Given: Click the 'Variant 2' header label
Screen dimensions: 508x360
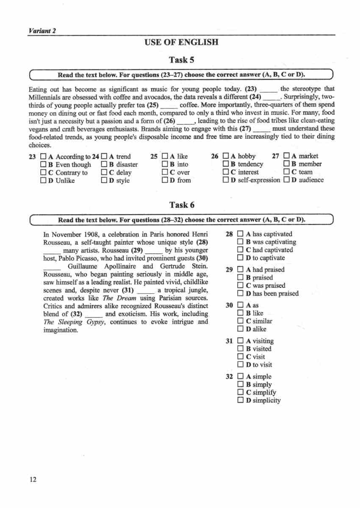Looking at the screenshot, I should [x=42, y=30].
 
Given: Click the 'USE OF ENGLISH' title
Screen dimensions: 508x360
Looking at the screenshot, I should [x=181, y=42].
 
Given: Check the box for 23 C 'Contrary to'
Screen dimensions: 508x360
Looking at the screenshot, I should [x=43, y=173].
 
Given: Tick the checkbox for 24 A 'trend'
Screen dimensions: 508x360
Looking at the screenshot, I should [x=104, y=157].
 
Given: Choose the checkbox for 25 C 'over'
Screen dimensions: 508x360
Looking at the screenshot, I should [x=165, y=172].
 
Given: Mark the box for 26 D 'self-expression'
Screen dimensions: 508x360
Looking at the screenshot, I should [x=226, y=180].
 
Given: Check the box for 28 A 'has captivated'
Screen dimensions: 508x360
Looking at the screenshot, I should [x=241, y=234].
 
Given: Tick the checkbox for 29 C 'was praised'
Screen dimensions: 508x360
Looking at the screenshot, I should [x=241, y=286].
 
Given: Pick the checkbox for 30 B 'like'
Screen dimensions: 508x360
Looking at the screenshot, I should [x=241, y=313].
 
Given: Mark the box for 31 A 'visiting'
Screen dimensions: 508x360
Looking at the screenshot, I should [x=241, y=341].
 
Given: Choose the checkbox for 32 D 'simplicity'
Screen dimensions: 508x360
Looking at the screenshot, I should [x=241, y=400].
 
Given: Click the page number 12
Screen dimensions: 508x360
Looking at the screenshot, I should [x=33, y=479].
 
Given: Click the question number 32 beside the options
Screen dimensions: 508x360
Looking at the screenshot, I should [x=230, y=377].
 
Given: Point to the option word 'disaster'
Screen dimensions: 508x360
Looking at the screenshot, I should [x=127, y=165].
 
